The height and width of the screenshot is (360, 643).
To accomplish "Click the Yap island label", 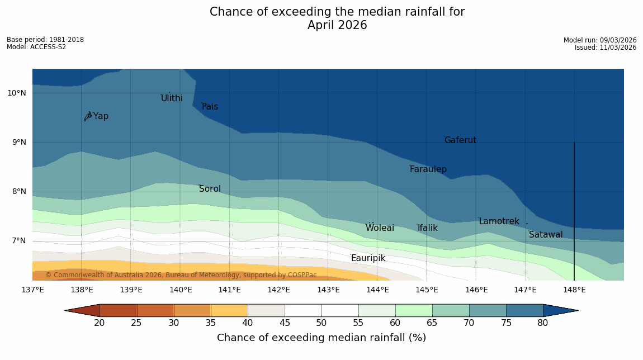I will coord(101,116).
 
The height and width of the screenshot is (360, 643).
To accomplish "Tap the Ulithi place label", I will coord(172,98).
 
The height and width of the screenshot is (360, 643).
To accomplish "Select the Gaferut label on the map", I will coord(460,140).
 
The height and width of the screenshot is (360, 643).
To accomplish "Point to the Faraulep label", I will coord(428,169).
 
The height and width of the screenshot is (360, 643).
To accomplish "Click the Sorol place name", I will coord(210,189).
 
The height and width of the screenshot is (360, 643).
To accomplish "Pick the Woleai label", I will coord(380,228).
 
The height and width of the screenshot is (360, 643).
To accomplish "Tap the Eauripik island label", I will coord(368,258).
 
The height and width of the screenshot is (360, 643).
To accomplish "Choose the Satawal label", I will coord(546,235).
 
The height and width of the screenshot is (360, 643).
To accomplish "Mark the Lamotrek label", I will coord(499,221).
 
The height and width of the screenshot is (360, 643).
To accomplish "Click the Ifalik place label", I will coord(427,228).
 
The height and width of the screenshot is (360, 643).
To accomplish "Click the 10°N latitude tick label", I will coord(16,93).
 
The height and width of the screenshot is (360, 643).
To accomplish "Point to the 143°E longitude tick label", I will coord(328,290).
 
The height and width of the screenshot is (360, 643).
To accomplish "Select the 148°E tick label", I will coord(574,290).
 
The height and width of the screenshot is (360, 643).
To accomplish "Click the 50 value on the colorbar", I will coord(321,323).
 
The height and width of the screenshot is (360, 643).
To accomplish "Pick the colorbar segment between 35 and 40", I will coord(229,310).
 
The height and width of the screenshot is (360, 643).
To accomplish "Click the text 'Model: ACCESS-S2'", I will coord(36,47).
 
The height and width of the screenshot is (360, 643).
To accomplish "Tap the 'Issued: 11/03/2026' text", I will coord(606,48).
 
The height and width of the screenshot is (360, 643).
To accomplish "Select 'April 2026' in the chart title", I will coord(337,25).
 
